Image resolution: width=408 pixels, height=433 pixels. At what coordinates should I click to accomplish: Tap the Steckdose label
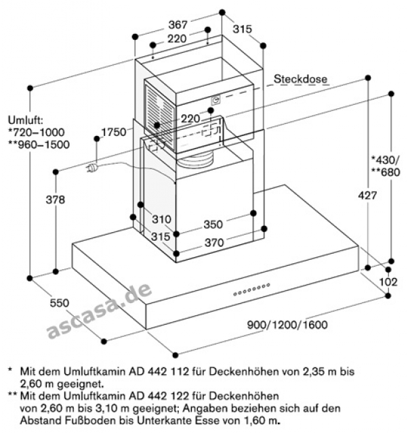pyautogui.click(x=300, y=79)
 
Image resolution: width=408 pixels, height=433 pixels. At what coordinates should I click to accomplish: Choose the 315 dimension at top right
pyautogui.click(x=242, y=29)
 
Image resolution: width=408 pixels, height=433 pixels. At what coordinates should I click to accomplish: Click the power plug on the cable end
pyautogui.click(x=91, y=168)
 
